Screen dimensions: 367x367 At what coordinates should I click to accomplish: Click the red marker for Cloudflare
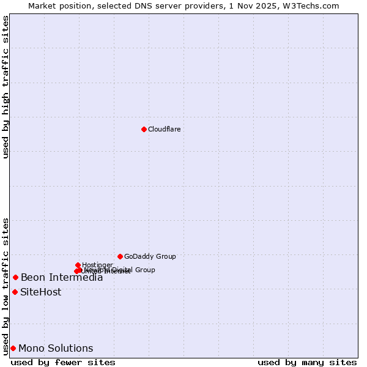[144, 129]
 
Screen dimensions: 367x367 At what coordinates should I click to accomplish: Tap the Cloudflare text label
[164, 129]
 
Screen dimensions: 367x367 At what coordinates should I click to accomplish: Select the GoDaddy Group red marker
[120, 256]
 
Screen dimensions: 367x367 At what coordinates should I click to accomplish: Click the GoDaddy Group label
[150, 256]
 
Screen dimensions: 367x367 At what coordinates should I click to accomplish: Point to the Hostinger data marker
[78, 265]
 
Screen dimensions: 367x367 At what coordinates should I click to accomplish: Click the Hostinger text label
[97, 265]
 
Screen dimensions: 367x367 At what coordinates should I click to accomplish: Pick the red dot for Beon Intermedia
[15, 277]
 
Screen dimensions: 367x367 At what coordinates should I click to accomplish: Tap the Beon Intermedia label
[62, 278]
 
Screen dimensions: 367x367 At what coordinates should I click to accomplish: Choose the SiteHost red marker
[15, 292]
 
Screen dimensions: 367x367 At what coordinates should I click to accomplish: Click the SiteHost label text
[40, 292]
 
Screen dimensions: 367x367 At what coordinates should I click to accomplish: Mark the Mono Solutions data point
[13, 348]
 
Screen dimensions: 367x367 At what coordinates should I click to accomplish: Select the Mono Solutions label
[56, 349]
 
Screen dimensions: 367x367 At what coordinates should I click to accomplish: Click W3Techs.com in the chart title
[314, 6]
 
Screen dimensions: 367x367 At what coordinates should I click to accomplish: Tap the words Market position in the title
[57, 6]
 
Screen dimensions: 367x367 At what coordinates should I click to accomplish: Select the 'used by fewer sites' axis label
[63, 362]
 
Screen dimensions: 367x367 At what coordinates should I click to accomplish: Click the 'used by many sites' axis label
[307, 362]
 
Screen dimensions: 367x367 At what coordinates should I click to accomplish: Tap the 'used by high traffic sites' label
[6, 87]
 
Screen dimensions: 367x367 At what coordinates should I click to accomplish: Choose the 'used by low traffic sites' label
[6, 286]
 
